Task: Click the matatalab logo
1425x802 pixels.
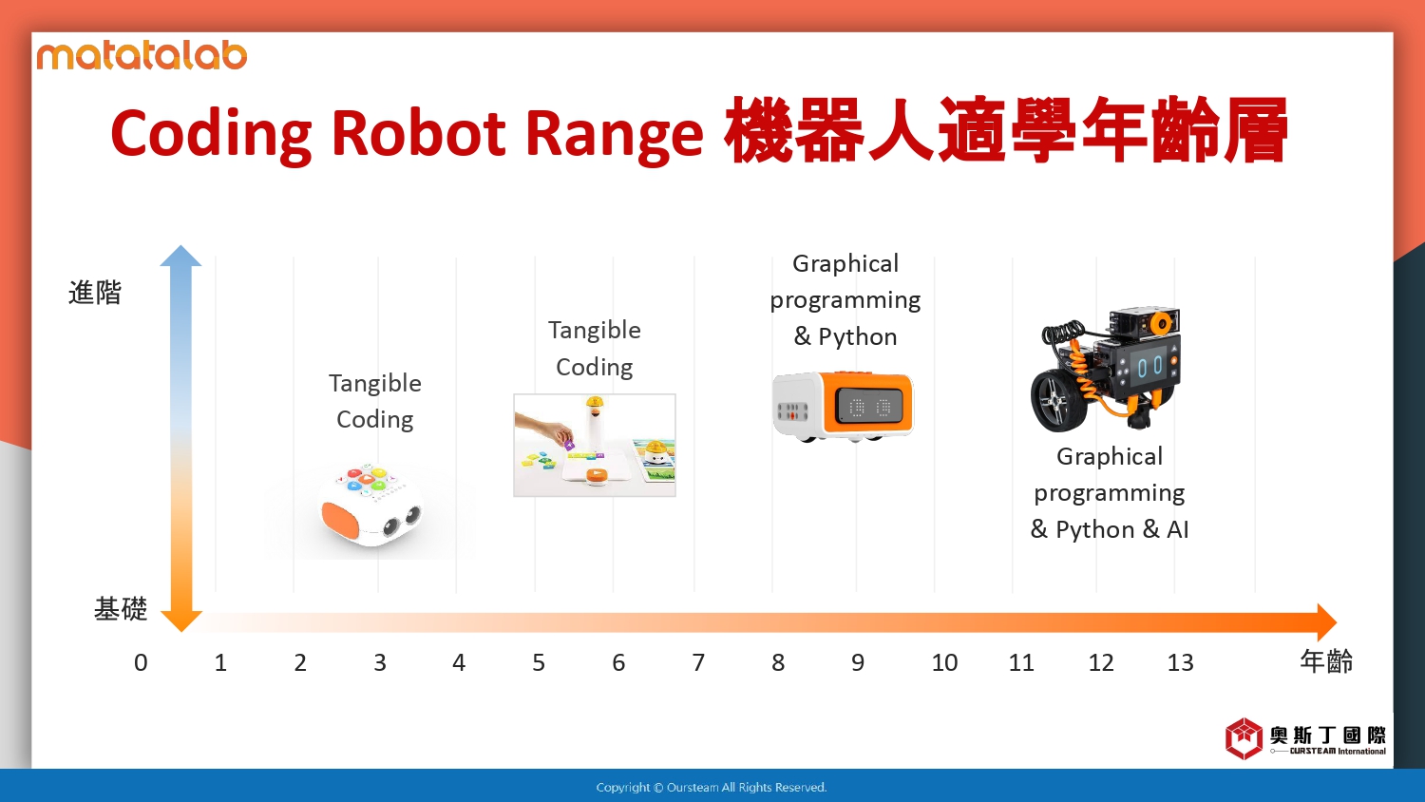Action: point(142,56)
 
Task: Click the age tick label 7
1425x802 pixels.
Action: point(698,662)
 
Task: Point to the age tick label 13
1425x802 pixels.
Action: point(1180,662)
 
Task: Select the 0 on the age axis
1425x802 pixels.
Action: point(141,662)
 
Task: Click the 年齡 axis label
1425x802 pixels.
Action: point(1326,661)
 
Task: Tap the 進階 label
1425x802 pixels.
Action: point(95,293)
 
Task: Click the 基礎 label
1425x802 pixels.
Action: point(121,609)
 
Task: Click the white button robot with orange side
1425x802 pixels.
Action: point(370,506)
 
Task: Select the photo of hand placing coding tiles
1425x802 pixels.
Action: point(595,445)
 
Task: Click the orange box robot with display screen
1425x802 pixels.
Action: point(843,406)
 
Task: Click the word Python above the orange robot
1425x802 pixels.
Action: point(858,336)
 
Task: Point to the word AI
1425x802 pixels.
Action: point(1178,529)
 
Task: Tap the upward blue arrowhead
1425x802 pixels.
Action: point(180,256)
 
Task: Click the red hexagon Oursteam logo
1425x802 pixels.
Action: point(1244,738)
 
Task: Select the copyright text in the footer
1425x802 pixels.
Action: point(712,788)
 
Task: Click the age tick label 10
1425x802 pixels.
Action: point(944,662)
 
